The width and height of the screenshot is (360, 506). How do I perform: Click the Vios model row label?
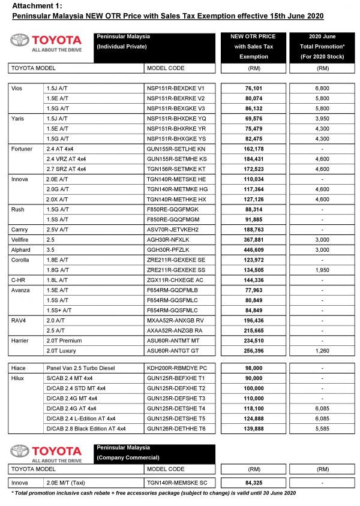click(x=18, y=88)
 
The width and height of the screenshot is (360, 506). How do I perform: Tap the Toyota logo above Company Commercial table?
click(x=46, y=454)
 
